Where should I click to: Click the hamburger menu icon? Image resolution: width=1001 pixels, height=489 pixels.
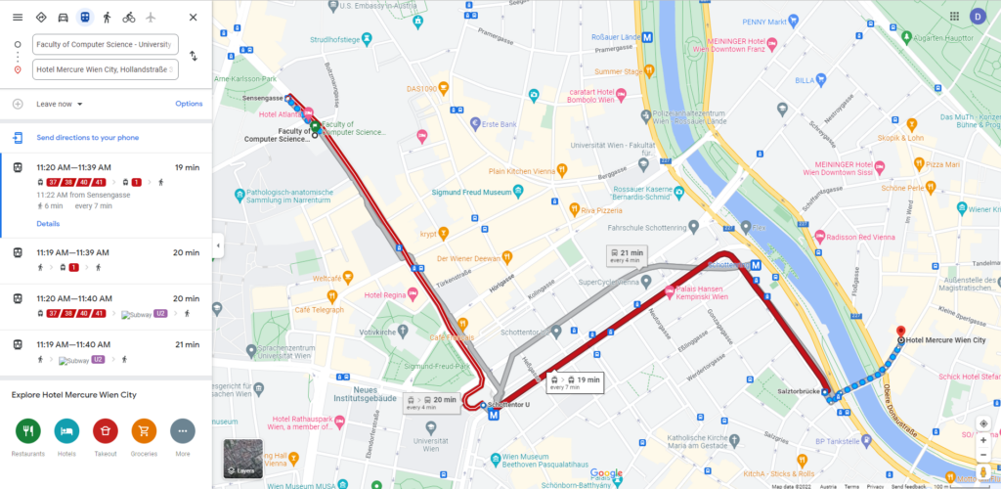[18, 18]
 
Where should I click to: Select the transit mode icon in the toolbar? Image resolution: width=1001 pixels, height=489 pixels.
[85, 18]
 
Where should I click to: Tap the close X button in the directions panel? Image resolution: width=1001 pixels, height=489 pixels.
[193, 18]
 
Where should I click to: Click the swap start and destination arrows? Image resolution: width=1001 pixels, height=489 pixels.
[193, 57]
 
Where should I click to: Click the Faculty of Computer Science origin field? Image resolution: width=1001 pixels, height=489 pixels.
[105, 44]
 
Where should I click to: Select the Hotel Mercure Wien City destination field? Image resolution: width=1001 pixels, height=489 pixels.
[105, 69]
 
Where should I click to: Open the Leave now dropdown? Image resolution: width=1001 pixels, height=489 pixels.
[60, 104]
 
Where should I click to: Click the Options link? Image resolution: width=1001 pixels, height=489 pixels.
[189, 104]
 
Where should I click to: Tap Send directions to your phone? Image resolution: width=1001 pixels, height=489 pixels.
[88, 138]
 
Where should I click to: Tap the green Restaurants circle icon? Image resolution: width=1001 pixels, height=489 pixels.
[27, 430]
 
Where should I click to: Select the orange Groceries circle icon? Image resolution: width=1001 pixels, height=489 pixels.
[144, 430]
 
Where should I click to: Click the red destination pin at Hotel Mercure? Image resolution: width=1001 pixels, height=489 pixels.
[900, 333]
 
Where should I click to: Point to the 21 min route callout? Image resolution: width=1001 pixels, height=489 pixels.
[625, 256]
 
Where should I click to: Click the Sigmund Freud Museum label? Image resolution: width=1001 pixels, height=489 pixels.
[472, 193]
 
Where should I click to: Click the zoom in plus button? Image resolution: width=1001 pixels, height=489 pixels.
[982, 436]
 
